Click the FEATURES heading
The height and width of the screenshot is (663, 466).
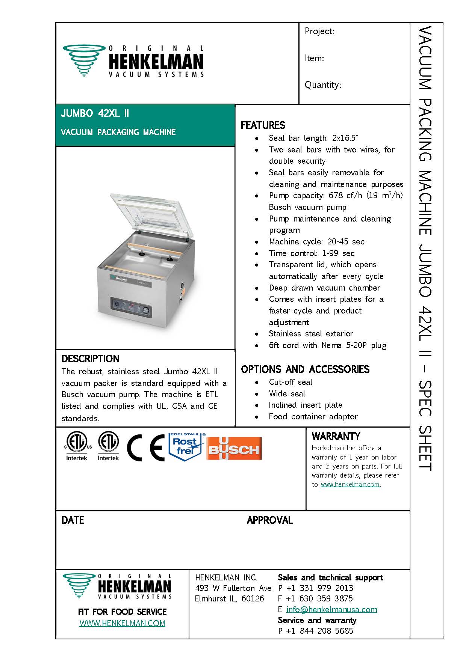click(263, 125)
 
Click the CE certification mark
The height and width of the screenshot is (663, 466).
click(145, 448)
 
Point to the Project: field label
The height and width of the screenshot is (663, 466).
click(319, 31)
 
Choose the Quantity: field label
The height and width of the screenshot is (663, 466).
click(323, 85)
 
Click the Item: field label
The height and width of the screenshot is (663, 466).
click(314, 58)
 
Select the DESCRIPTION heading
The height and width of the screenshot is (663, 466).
click(90, 359)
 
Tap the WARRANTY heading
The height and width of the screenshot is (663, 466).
click(336, 436)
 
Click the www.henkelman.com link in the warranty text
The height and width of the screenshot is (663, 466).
click(350, 484)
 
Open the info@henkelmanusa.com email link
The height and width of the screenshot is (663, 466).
click(331, 610)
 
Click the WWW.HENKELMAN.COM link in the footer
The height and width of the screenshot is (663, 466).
click(122, 623)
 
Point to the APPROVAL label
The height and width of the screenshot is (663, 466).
click(269, 520)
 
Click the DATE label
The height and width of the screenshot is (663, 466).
click(73, 520)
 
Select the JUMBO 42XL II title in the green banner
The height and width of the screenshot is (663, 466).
click(95, 113)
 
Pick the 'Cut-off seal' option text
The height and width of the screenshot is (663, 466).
click(290, 382)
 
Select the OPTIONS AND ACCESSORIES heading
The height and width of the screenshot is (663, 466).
click(305, 369)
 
